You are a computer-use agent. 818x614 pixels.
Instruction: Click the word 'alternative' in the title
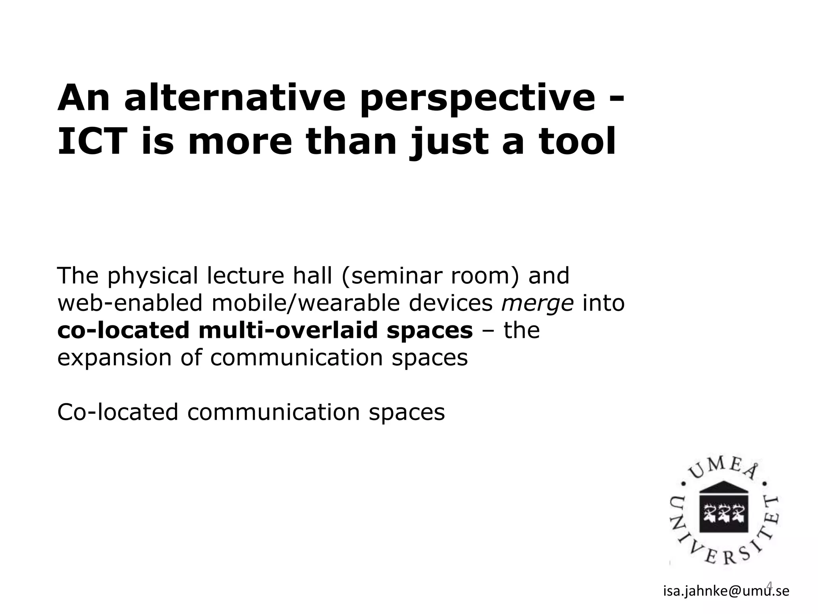tap(234, 98)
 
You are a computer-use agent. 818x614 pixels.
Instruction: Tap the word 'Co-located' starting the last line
tap(117, 412)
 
